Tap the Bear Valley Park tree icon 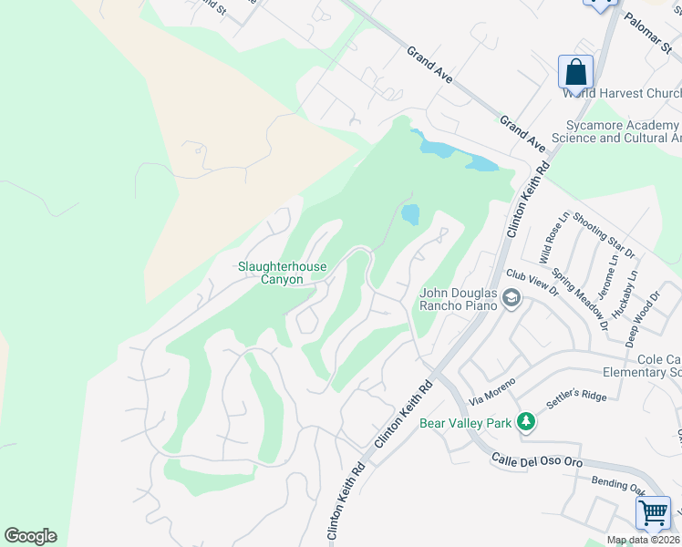(x=525, y=422)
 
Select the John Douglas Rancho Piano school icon (x=512, y=298)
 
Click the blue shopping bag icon (x=575, y=71)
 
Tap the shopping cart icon (x=653, y=513)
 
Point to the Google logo (x=30, y=536)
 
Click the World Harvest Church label (x=621, y=93)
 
